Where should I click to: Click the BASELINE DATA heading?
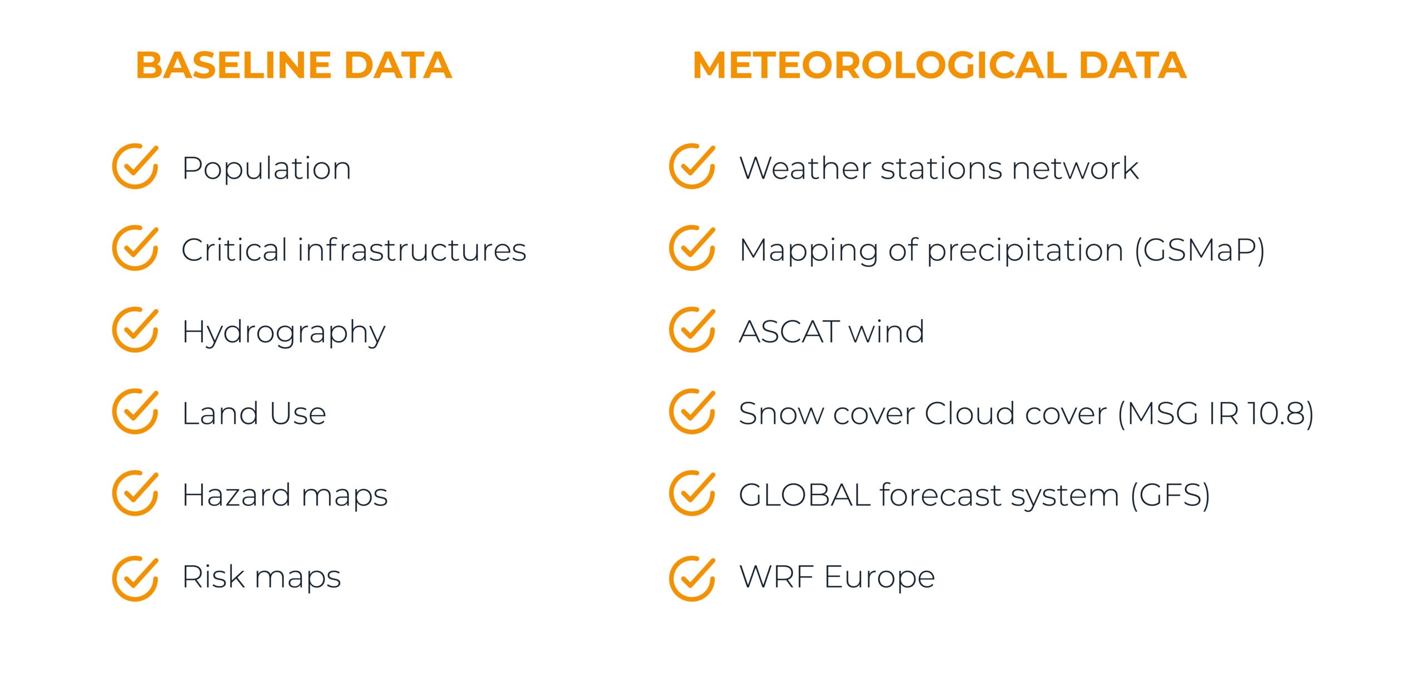click(293, 65)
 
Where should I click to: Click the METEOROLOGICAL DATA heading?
click(939, 65)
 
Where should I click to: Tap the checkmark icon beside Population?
click(135, 166)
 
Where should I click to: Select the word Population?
click(267, 169)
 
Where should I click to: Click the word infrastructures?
click(412, 250)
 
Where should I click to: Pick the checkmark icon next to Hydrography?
click(135, 329)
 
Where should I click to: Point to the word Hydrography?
click(283, 332)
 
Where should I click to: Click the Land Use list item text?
click(254, 413)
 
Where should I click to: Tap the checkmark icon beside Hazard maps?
click(135, 493)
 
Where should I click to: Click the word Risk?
click(213, 576)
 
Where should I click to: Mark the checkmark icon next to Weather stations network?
click(692, 166)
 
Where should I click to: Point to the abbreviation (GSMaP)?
click(1199, 250)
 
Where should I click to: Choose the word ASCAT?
click(789, 332)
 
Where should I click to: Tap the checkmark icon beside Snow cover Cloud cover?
click(692, 411)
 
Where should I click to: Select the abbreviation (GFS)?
click(1171, 495)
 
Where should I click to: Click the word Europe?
click(879, 577)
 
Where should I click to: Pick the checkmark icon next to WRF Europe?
click(692, 579)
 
